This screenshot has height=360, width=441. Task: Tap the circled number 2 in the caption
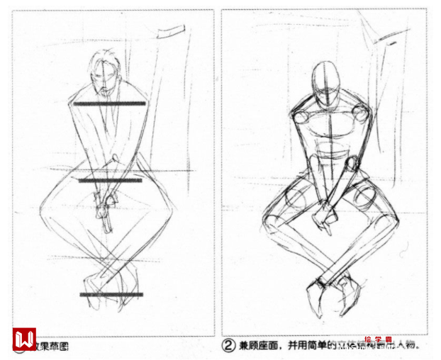[228, 346]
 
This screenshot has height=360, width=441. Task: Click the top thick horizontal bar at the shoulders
[110, 103]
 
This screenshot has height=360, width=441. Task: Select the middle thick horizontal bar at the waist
[110, 180]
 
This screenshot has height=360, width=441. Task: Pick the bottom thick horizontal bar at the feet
[111, 293]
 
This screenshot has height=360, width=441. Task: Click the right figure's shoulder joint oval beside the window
[359, 113]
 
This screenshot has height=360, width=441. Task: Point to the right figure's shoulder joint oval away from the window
[298, 118]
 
